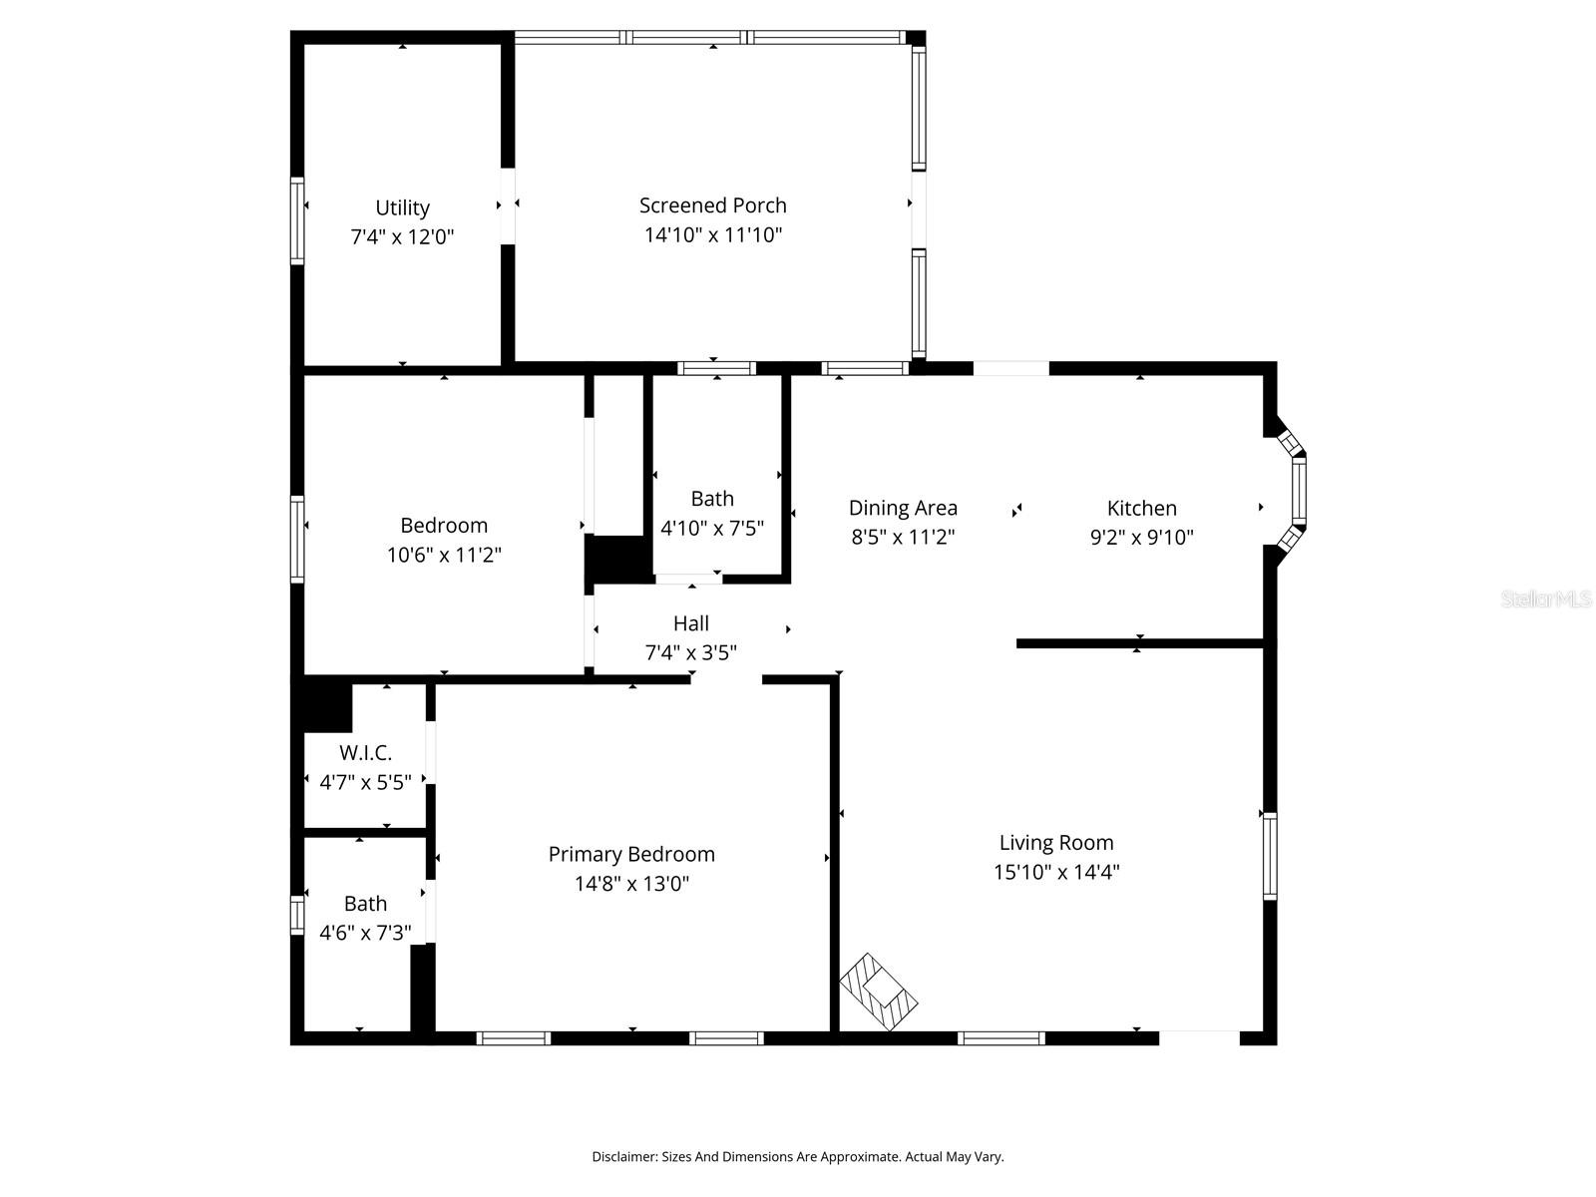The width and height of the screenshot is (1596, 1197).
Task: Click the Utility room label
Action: pos(402,207)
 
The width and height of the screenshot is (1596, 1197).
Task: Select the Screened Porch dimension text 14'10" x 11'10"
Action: pos(712,234)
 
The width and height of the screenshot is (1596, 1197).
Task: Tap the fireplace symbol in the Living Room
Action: pos(879,992)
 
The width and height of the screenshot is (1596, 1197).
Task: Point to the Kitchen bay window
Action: pos(1293,492)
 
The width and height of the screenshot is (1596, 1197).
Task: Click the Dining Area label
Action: pos(903,508)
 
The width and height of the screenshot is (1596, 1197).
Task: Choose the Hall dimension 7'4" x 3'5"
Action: pos(690,652)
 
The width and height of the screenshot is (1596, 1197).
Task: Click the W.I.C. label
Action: pos(365,752)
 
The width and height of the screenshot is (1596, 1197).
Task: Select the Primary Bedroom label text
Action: pos(631,854)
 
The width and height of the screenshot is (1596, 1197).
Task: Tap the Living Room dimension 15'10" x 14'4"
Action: pos(1055,872)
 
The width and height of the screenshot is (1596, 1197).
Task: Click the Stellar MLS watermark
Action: pos(1546,598)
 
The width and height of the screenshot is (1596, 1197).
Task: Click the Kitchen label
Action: pos(1141,508)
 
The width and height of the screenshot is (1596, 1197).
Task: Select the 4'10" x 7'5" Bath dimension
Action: pos(712,528)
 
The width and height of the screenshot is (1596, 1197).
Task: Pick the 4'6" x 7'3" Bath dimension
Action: pos(365,933)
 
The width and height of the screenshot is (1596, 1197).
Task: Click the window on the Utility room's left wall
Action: pos(297,220)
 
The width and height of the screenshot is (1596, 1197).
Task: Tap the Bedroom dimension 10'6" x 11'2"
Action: pos(444,555)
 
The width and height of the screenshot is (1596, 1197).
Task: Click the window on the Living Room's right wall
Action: pos(1270,856)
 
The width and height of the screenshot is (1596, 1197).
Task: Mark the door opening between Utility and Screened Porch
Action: pos(508,206)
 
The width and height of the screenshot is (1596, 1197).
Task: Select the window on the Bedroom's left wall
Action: pos(297,540)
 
